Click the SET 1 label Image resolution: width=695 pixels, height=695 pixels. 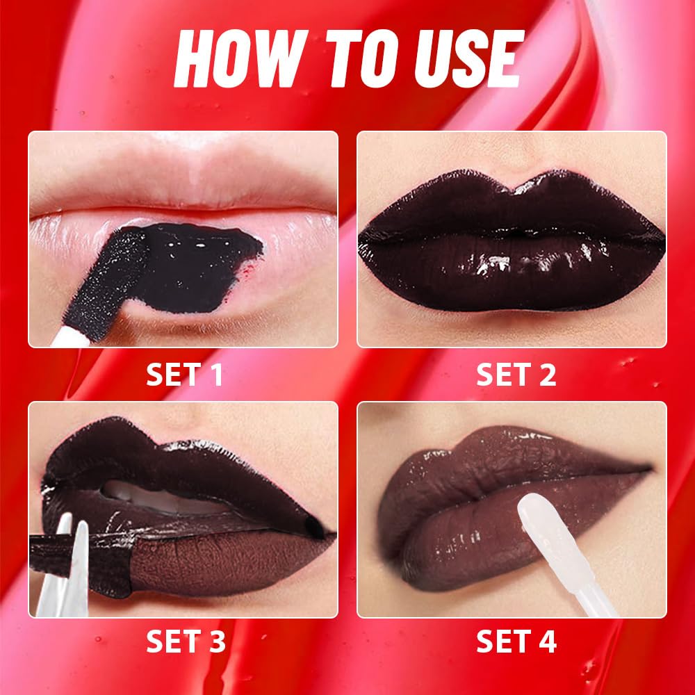(x=184, y=375)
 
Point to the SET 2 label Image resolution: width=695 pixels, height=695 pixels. (x=516, y=375)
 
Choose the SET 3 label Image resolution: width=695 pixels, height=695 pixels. (x=184, y=642)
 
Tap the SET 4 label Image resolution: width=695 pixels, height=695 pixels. (x=516, y=642)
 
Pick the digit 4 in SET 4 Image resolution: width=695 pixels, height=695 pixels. (x=548, y=642)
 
